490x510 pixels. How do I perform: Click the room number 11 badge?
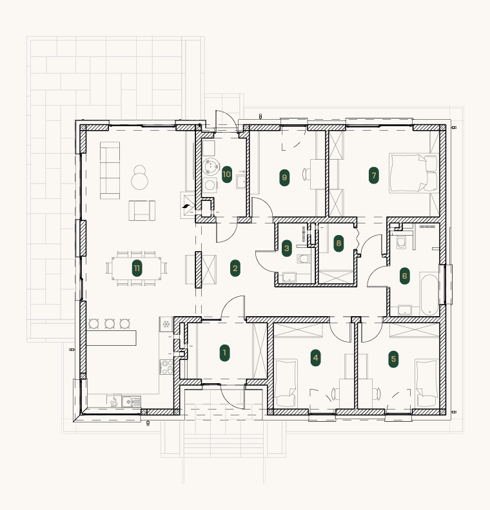[137, 269]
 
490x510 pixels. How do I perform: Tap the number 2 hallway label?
[235, 269]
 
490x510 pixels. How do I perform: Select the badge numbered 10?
[226, 174]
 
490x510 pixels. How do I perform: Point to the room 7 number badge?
[374, 176]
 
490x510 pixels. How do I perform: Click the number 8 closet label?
[338, 243]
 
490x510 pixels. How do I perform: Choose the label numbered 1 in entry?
[224, 353]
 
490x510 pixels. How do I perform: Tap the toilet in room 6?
[401, 243]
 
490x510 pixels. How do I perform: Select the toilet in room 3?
[303, 259]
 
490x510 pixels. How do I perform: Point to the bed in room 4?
[286, 383]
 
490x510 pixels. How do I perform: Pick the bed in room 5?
[427, 383]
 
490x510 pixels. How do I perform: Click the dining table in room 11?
[137, 269]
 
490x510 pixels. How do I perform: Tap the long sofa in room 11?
[110, 170]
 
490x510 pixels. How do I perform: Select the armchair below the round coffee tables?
[142, 211]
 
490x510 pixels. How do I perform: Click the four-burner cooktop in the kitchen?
[166, 367]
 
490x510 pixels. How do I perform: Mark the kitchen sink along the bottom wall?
[132, 402]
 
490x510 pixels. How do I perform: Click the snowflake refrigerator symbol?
[166, 325]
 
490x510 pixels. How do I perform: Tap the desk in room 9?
[317, 174]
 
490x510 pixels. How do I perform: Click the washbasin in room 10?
[241, 182]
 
